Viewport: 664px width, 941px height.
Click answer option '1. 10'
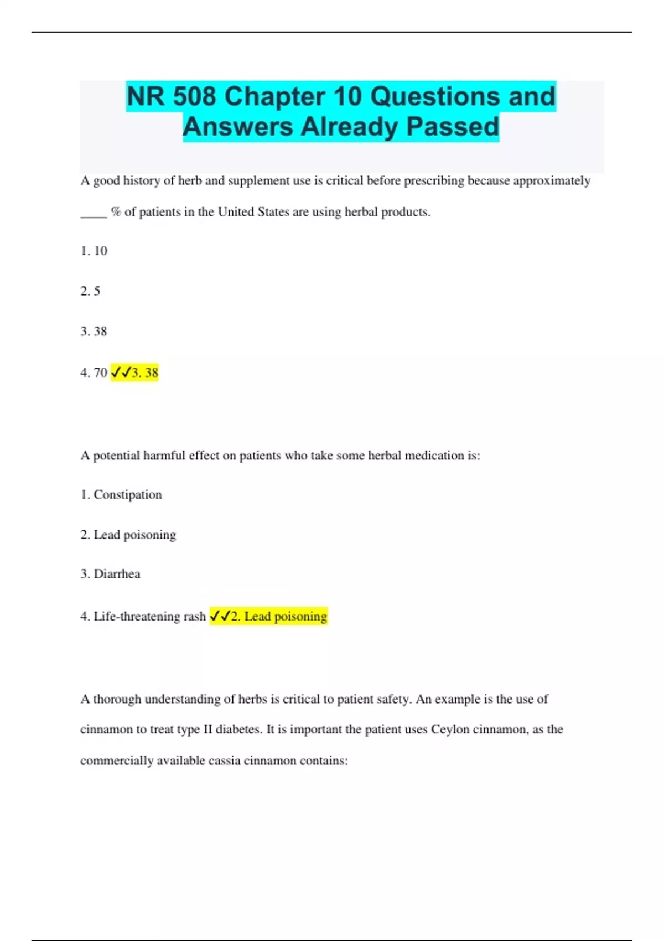coord(94,251)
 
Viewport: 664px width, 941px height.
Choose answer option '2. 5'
coord(90,291)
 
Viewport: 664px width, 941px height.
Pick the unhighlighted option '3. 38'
coord(94,332)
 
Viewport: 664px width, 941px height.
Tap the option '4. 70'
coord(94,373)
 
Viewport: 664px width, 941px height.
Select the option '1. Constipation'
coord(121,495)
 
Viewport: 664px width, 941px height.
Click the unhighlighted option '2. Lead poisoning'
coord(128,535)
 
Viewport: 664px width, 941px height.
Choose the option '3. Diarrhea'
coord(110,574)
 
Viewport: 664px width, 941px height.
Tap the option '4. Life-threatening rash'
coord(143,617)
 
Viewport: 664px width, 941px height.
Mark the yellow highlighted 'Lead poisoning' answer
coord(279,617)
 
